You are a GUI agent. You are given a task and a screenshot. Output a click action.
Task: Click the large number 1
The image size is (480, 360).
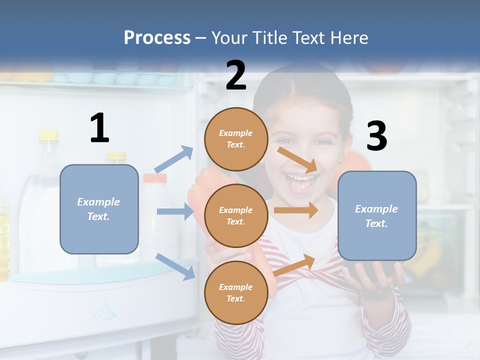pos(99,128)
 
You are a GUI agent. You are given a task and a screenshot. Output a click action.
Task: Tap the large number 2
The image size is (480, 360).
pos(236,75)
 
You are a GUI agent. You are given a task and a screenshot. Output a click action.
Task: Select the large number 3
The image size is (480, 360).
pos(376,136)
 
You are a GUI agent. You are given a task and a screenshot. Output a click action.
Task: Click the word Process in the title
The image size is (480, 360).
pos(157,37)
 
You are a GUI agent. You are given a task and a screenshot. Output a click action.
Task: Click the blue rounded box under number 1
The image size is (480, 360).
pos(99,209)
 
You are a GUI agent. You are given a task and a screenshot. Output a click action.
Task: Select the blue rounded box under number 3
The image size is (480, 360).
pos(377,216)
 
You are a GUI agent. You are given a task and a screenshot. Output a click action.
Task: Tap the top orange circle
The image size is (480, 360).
pos(236,139)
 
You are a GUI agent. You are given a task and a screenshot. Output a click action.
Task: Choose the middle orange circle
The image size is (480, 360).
pos(236,215)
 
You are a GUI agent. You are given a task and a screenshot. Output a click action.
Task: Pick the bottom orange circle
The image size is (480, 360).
pos(236,292)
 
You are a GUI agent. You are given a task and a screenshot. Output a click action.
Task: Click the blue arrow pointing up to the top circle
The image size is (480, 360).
pos(174,159)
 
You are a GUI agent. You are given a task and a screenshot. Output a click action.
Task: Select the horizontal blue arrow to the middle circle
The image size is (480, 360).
pos(175,211)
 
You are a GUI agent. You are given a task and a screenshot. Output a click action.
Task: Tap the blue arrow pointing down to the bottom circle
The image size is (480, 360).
pos(175,266)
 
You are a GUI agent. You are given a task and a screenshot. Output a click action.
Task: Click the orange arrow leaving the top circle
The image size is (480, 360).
pos(298,159)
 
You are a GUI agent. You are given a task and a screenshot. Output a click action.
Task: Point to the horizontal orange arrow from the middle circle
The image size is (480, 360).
pos(295,210)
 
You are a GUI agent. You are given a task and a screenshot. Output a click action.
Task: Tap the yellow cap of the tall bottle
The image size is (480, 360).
pos(48,134)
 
